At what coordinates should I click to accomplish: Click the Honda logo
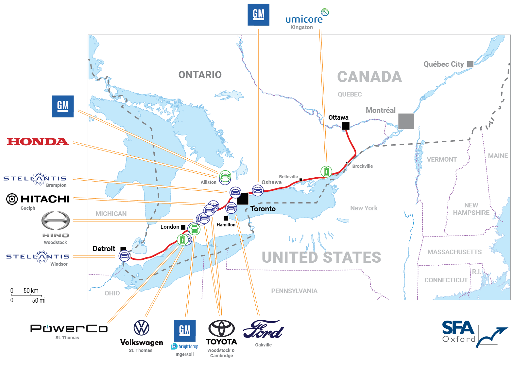tap(38, 142)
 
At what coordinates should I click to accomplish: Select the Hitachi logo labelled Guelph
tap(38, 199)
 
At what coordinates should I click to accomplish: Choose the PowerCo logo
tap(69, 328)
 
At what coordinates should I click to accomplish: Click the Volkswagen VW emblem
tap(142, 327)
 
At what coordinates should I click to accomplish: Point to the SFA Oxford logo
tap(474, 334)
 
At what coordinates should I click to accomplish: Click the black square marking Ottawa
tap(346, 126)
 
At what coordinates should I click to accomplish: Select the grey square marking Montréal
tap(406, 121)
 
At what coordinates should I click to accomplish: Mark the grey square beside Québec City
tap(470, 64)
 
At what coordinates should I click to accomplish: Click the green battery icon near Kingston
tap(326, 171)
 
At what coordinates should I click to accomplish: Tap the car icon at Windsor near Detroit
tap(125, 255)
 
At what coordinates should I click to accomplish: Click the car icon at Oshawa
tap(258, 190)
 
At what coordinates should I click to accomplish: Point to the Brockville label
tap(362, 166)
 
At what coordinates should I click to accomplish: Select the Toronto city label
tap(263, 209)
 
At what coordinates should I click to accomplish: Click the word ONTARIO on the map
tap(200, 75)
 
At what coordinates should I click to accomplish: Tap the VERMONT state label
tap(442, 159)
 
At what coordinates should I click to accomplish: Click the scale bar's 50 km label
tap(31, 291)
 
